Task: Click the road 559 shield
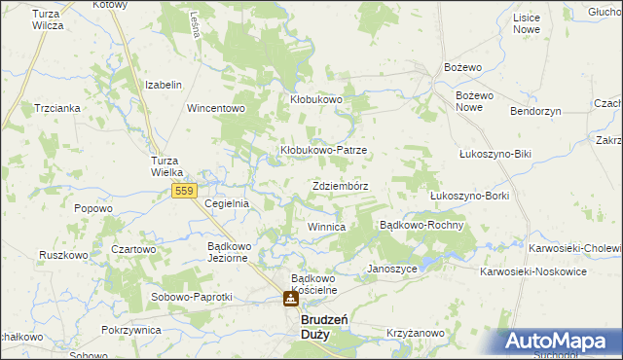[x=185, y=191]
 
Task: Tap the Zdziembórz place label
[x=342, y=185]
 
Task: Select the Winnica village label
[x=326, y=227]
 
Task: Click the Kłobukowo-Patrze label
[x=323, y=151]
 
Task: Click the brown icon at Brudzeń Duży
[x=291, y=300]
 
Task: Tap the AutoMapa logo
[x=563, y=342]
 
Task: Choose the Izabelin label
[x=164, y=86]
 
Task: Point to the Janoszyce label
[x=391, y=268]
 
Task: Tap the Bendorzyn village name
[x=536, y=112]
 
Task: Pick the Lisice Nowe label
[x=526, y=24]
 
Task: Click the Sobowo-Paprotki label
[x=191, y=296]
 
